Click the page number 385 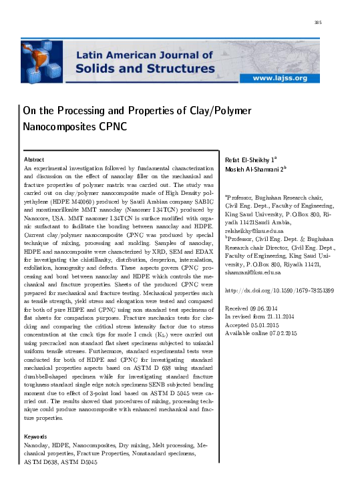(x=318, y=23)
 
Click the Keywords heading (x=36, y=437)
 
